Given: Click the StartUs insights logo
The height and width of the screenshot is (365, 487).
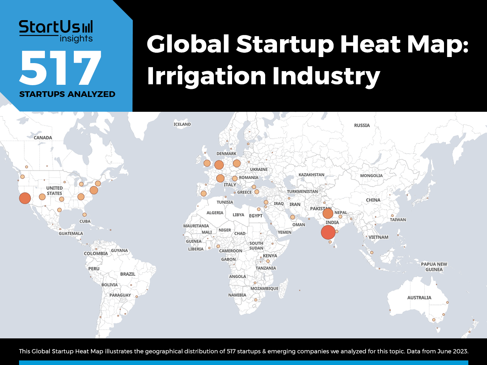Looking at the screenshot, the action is click(x=56, y=31).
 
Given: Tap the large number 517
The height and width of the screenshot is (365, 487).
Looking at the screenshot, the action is click(x=60, y=68).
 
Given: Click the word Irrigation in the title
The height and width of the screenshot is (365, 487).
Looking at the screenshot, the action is click(x=206, y=76).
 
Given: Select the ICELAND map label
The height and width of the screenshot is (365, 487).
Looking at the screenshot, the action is click(x=182, y=124).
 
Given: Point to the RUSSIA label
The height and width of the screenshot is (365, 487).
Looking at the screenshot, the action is click(x=362, y=125).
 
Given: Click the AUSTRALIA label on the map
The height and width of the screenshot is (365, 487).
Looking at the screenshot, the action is click(x=419, y=298).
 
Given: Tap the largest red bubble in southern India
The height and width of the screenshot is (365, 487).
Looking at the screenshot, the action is click(x=328, y=232).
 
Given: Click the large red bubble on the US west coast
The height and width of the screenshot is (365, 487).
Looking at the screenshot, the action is click(x=25, y=198).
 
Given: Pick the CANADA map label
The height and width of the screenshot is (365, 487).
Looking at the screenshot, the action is click(x=43, y=138).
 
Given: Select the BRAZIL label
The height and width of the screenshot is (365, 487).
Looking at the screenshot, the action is click(x=127, y=274).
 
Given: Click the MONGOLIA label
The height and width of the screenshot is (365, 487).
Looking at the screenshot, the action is click(x=371, y=176).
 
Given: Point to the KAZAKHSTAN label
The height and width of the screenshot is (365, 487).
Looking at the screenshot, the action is click(x=311, y=175).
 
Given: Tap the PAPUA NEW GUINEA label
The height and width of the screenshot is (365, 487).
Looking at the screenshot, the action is click(x=434, y=267).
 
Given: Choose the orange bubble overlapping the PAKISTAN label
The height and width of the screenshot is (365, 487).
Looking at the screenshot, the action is click(x=328, y=214).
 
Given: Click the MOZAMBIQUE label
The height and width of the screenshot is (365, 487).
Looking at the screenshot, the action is click(x=264, y=289).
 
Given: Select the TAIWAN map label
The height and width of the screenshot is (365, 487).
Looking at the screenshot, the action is click(x=398, y=220).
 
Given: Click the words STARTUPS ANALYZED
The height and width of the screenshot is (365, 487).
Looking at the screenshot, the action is click(x=67, y=94).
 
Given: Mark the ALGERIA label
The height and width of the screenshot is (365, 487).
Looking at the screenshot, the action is click(x=215, y=213).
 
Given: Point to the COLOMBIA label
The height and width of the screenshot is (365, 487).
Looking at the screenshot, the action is click(x=95, y=254).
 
